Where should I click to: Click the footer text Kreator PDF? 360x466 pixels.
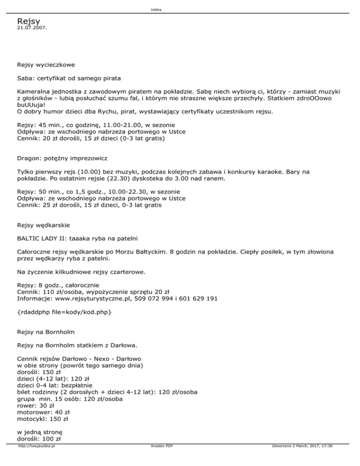(160, 459)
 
